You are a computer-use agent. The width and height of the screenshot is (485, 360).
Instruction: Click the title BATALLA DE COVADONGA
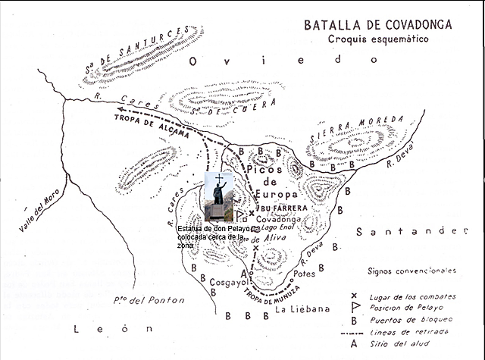[377, 24]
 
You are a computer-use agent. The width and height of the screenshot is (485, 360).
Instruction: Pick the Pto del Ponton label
[146, 300]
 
